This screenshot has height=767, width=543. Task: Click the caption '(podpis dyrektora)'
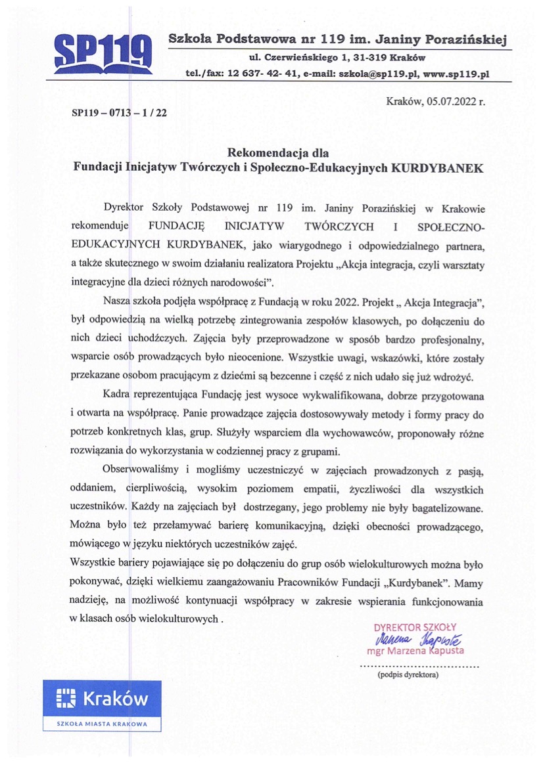(408, 674)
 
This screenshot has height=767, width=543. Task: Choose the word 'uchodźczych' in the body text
(166, 340)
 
